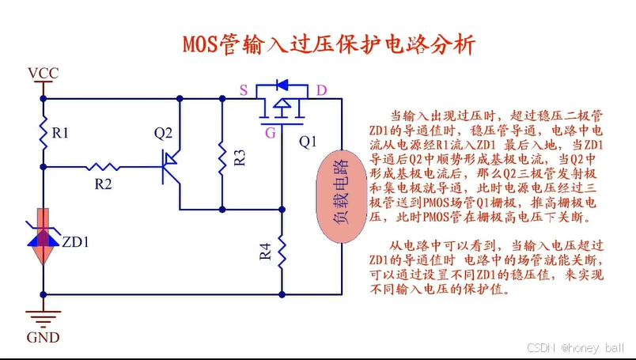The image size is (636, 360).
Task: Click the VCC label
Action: pyautogui.click(x=43, y=74)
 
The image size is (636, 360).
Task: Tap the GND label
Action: pyautogui.click(x=43, y=338)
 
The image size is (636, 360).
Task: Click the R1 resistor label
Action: pyautogui.click(x=60, y=134)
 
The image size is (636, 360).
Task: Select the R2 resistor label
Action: pyautogui.click(x=103, y=184)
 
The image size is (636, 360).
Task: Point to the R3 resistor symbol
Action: pyautogui.click(x=222, y=158)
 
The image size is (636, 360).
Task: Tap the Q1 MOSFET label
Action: pyautogui.click(x=308, y=142)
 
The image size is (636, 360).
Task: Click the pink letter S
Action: pyautogui.click(x=244, y=89)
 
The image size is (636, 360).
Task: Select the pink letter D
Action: pyautogui.click(x=321, y=89)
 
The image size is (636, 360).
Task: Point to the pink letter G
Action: pyautogui.click(x=271, y=133)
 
